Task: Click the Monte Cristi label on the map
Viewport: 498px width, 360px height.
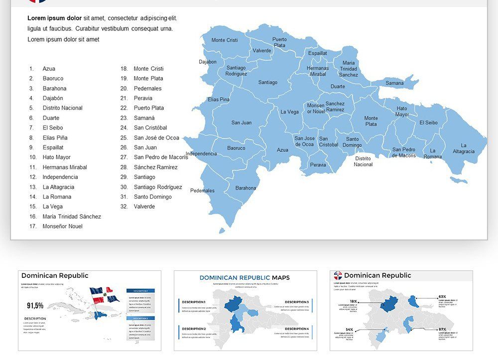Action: pos(225,40)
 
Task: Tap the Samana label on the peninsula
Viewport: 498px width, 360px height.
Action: pos(394,83)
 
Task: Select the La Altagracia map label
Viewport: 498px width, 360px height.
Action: pos(464,148)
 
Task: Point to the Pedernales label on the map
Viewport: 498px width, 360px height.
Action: pos(202,191)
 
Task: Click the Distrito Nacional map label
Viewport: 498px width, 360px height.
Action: pos(363,161)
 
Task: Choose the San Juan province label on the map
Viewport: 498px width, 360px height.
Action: pos(242,122)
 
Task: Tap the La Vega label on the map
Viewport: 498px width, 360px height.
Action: pos(289,112)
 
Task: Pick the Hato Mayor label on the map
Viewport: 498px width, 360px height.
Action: pos(402,112)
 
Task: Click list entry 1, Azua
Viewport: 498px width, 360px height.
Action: pos(49,69)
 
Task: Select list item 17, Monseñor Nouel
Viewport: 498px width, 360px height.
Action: pos(62,227)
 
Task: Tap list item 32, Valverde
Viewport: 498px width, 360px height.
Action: pos(144,207)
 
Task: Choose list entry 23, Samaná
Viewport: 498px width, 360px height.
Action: pos(144,118)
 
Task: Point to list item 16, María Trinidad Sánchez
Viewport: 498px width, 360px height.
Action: pos(72,217)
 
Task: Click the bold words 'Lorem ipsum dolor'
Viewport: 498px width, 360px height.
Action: pos(54,18)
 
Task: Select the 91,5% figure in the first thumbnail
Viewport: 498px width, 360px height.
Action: pos(35,305)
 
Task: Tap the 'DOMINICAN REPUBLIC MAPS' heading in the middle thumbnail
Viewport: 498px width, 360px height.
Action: pos(245,278)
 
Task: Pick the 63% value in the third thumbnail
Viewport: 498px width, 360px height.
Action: pos(442,297)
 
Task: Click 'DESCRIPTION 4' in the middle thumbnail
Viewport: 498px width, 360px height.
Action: pos(297,329)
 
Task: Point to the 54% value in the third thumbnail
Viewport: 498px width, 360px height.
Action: pos(349,330)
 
